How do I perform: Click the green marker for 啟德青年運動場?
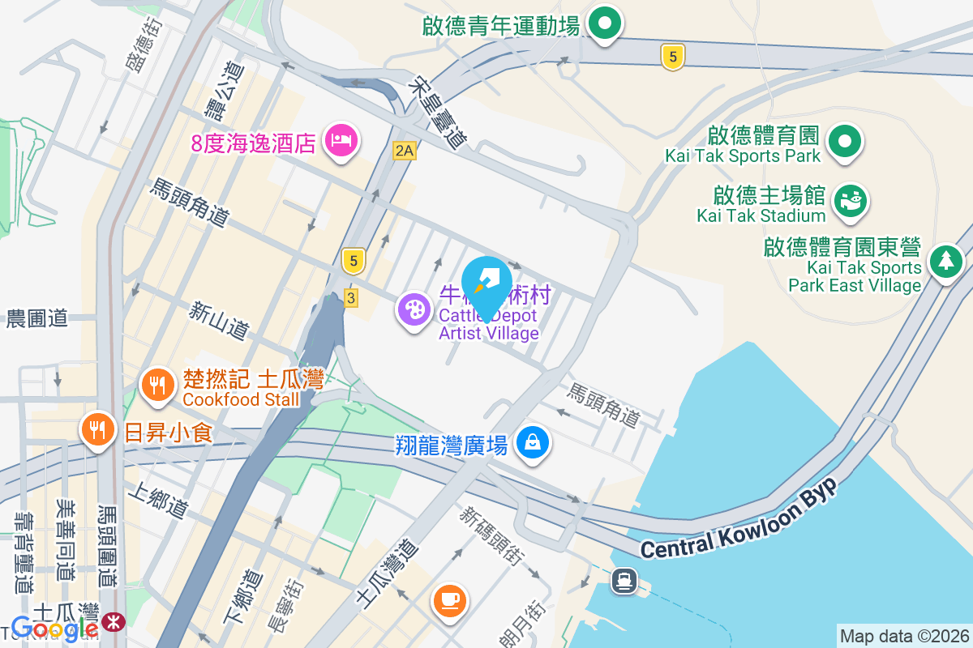[x=604, y=24]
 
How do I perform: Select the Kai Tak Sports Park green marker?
[x=844, y=142]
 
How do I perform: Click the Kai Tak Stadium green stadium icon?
[x=850, y=199]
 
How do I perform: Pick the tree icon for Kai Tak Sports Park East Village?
[x=945, y=262]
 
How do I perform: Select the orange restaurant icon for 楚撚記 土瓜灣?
[x=155, y=385]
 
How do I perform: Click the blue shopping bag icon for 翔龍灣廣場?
[x=533, y=442]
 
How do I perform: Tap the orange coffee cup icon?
[x=449, y=600]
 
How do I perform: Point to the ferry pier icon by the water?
[x=624, y=580]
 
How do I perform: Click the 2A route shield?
[x=404, y=150]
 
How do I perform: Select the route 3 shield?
[x=350, y=296]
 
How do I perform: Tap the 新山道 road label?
[x=219, y=320]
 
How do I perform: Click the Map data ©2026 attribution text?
[x=904, y=636]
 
